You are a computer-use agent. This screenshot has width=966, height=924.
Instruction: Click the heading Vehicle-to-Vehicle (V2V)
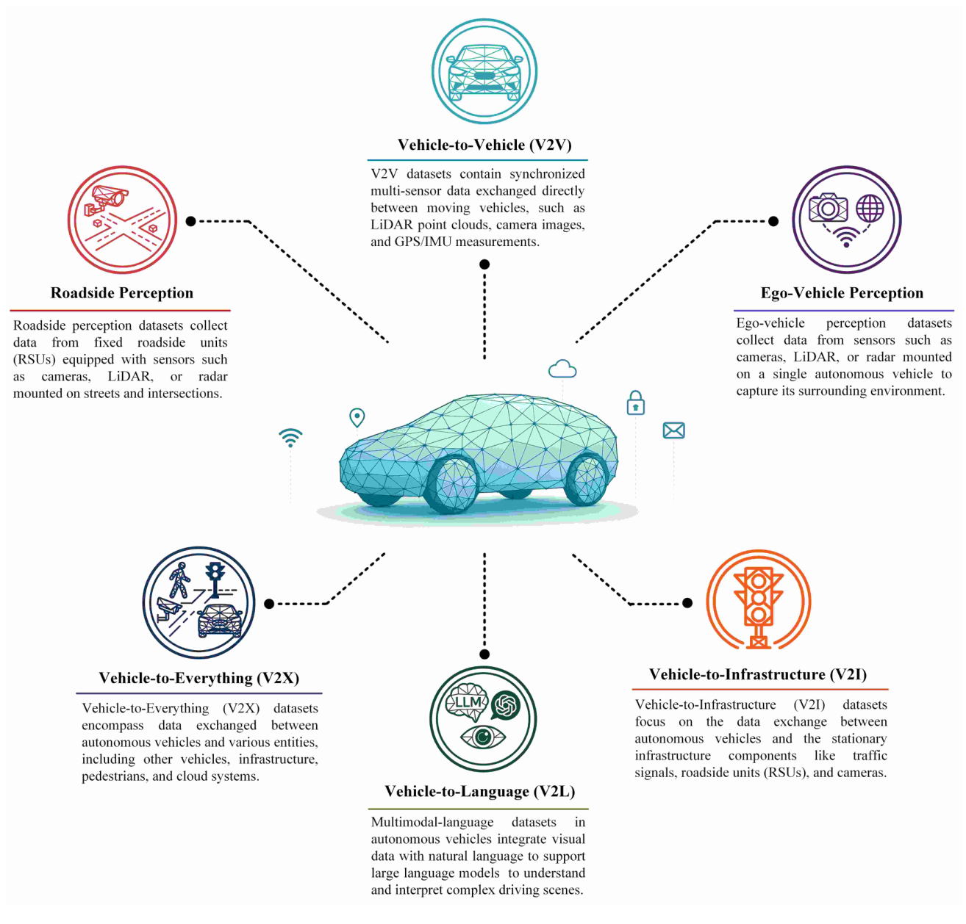pos(484,145)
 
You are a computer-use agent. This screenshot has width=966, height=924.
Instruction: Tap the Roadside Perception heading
pos(121,292)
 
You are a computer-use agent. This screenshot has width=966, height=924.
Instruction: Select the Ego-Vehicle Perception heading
pos(842,292)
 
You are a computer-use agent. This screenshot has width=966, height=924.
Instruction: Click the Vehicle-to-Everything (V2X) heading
pos(198,677)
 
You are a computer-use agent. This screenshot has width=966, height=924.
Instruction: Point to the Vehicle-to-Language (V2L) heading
pos(479,790)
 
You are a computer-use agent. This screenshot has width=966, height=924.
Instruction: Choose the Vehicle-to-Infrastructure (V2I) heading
pos(757,674)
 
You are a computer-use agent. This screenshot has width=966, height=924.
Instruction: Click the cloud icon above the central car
pos(562,369)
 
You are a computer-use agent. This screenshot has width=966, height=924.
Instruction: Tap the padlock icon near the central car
pos(635,403)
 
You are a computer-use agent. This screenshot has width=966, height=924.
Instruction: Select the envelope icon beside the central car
pos(673,430)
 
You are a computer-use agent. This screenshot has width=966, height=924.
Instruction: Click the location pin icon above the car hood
pos(357,418)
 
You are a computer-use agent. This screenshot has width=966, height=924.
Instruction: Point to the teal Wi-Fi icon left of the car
pos(290,438)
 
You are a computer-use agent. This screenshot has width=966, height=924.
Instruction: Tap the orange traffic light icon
pos(758,606)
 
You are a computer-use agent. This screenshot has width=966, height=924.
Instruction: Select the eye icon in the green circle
pos(482,737)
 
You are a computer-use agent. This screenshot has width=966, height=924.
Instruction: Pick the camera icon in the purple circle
pos(828,207)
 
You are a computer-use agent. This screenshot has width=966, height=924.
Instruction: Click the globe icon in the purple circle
pos(870,208)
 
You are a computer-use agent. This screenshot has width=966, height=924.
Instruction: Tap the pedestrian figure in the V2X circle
pos(179,580)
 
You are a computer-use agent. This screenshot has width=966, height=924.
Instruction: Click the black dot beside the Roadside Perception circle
pos(190,221)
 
